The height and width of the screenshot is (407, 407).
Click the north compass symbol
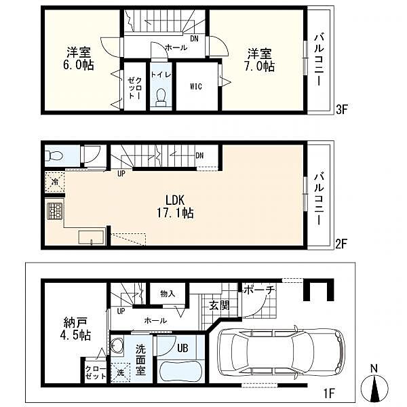point(374,385)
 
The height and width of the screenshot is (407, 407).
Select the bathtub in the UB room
point(181,372)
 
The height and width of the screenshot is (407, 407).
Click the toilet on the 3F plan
point(161,98)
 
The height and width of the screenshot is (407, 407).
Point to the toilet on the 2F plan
point(54,156)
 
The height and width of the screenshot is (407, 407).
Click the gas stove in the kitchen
point(55,211)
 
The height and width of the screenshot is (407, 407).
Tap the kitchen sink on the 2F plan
point(92,237)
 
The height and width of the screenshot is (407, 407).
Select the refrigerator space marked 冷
point(55,182)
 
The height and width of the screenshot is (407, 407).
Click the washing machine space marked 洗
point(120,372)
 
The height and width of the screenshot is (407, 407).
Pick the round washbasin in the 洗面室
point(117,345)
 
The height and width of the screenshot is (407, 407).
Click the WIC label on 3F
point(196,86)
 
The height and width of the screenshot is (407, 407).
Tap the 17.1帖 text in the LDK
point(175,213)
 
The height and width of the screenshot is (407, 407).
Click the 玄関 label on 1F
point(220,305)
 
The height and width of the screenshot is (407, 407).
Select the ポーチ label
point(259,290)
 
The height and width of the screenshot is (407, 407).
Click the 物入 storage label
point(168,294)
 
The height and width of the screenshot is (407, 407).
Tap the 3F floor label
point(342,109)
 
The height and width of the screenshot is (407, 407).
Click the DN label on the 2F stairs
point(199,155)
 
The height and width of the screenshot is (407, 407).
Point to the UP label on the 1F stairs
point(121,311)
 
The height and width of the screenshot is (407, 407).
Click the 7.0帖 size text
point(259,66)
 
